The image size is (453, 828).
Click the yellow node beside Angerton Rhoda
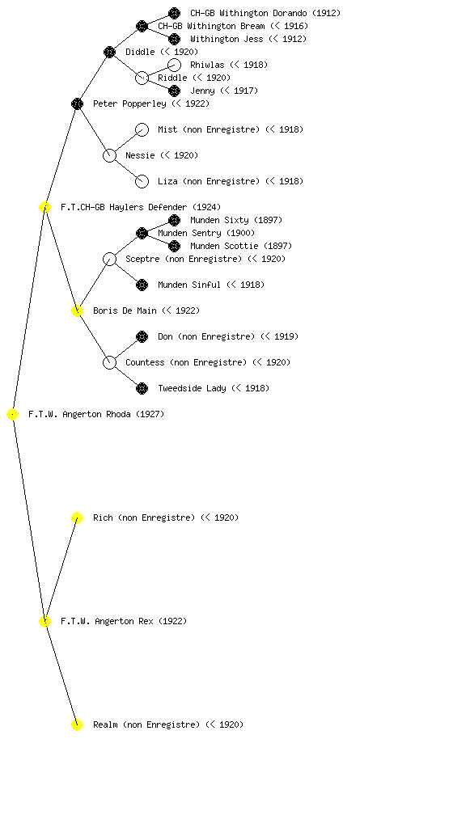coord(13,415)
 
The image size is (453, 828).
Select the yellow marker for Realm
coord(77,724)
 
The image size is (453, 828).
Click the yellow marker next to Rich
coord(77,517)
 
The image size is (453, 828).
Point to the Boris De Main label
coord(125,310)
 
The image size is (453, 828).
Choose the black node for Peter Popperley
coord(77,103)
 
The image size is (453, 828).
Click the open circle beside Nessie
coord(109,155)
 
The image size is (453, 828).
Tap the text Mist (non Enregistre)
coord(209,129)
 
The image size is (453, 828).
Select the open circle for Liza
coord(142,181)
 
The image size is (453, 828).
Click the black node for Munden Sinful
coord(142,285)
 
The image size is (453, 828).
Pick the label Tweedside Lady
coord(192,388)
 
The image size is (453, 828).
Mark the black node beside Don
coord(142,336)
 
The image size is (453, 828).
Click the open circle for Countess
coord(109,362)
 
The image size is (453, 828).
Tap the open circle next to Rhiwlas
coord(174,65)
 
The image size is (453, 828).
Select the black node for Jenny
coord(174,91)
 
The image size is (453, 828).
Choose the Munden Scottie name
coord(224,246)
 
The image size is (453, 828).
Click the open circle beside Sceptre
coord(109,259)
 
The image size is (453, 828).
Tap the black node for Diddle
coord(109,52)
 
